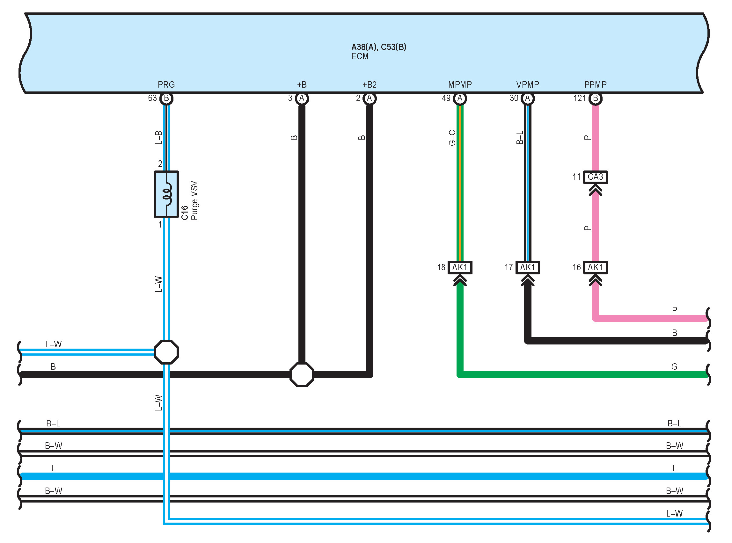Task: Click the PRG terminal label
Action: point(166,84)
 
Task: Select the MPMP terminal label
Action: point(460,84)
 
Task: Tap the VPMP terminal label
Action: point(527,84)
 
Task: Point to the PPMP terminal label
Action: point(595,84)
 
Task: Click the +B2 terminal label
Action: point(369,84)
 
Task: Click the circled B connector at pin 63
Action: point(166,98)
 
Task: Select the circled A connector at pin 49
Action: point(460,98)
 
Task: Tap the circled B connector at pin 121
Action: point(595,98)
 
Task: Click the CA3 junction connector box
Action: point(595,177)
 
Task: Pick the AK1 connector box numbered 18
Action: point(460,267)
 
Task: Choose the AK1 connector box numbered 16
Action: point(595,267)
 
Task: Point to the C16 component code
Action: point(185,213)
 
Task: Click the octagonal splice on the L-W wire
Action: point(166,352)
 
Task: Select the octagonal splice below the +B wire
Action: point(302,375)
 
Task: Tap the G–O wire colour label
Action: point(452,137)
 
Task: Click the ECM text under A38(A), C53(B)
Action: point(360,56)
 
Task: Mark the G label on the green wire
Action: point(674,366)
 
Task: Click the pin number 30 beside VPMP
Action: point(514,98)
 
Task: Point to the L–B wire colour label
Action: point(158,137)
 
